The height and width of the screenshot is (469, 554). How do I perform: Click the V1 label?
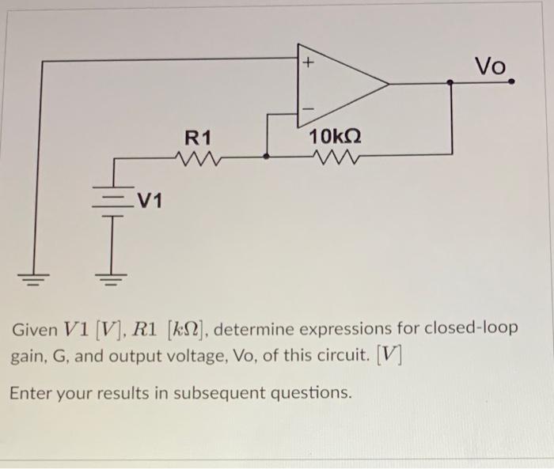click(147, 201)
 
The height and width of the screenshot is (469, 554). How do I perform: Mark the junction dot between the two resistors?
click(266, 157)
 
